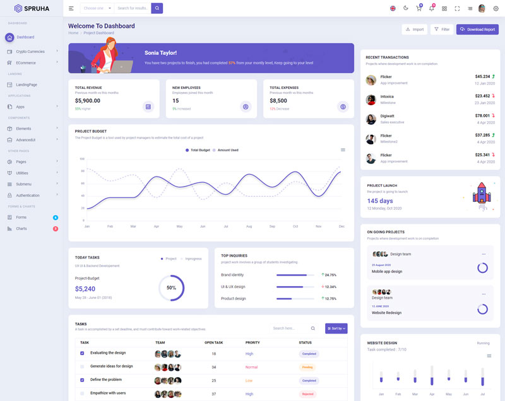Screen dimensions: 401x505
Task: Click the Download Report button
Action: point(477,30)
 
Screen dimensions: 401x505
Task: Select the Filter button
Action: point(442,30)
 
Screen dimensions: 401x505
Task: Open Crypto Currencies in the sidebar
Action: point(30,52)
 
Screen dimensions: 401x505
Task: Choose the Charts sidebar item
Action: point(21,228)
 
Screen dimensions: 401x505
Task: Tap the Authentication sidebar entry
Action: point(28,195)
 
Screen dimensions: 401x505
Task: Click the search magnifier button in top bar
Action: point(157,8)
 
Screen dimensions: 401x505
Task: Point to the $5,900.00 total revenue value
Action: point(88,101)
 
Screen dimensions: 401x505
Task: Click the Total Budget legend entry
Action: point(198,150)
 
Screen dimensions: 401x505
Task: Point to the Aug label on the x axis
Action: point(249,226)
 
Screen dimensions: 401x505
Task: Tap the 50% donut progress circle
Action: point(171,288)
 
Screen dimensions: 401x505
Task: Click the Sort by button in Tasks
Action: point(336,328)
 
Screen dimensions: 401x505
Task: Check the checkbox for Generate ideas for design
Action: point(82,366)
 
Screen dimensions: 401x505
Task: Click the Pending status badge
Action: point(307,367)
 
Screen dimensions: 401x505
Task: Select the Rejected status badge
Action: point(307,394)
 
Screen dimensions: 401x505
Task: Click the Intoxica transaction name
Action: point(387,96)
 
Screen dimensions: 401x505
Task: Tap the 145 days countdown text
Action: point(380,200)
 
